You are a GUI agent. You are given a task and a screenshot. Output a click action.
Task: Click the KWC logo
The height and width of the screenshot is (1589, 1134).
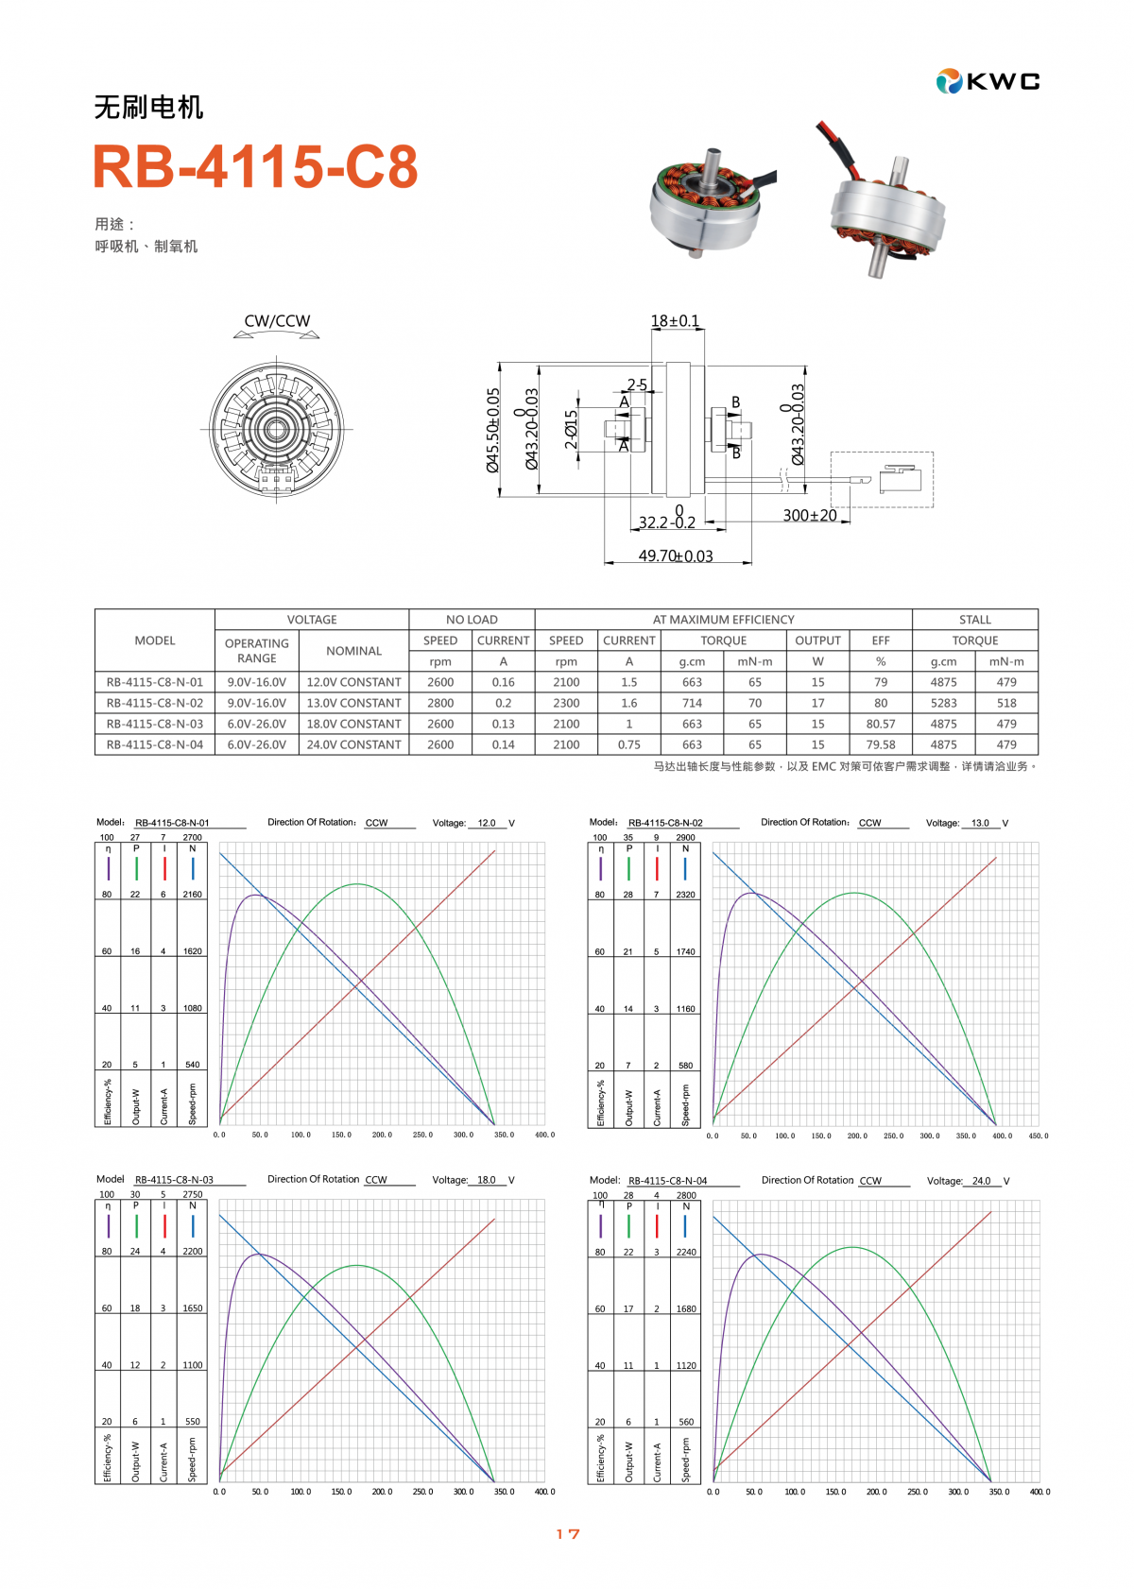pos(988,81)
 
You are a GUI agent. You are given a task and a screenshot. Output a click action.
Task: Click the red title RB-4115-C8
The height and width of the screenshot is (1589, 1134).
pos(255,166)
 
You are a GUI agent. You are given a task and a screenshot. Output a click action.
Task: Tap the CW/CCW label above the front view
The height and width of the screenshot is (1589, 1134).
pos(277,321)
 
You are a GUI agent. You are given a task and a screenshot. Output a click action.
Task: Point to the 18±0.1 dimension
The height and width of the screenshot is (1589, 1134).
pos(675,321)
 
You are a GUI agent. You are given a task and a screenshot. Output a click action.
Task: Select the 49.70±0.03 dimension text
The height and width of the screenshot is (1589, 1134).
pos(676,555)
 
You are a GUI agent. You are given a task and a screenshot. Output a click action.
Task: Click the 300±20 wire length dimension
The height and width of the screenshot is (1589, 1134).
pos(810,515)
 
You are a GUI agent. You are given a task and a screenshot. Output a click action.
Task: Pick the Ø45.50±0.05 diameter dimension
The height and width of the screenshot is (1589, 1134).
pos(492,430)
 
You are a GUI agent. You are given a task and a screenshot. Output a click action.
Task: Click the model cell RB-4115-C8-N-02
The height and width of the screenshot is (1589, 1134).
pos(155,703)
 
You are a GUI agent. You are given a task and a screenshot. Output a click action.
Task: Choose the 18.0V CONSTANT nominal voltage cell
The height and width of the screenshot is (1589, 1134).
pos(353,724)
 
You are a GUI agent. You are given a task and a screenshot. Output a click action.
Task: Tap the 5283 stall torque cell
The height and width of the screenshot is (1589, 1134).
pos(943,703)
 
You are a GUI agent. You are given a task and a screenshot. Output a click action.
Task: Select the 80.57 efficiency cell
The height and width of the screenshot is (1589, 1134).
pos(881,724)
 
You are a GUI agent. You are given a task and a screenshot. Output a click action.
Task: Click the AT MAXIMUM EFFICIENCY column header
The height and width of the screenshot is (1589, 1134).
pos(723,620)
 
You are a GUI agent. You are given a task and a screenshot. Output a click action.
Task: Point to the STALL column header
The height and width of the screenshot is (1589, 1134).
pos(974,620)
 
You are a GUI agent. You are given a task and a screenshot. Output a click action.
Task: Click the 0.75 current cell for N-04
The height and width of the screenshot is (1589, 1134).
pos(628,744)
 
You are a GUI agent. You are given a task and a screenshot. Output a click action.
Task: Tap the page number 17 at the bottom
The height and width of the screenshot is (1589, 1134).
pos(568,1534)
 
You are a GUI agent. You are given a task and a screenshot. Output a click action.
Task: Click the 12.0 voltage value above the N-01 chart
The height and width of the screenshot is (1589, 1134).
pos(487,823)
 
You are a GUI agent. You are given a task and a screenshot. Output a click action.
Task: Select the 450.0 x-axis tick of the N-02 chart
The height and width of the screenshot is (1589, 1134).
pos(1038,1136)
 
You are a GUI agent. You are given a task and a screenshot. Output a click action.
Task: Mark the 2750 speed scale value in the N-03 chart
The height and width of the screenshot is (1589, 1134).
pos(192,1194)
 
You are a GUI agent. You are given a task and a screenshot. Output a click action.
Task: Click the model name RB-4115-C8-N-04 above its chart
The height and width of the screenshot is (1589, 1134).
pos(667,1181)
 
